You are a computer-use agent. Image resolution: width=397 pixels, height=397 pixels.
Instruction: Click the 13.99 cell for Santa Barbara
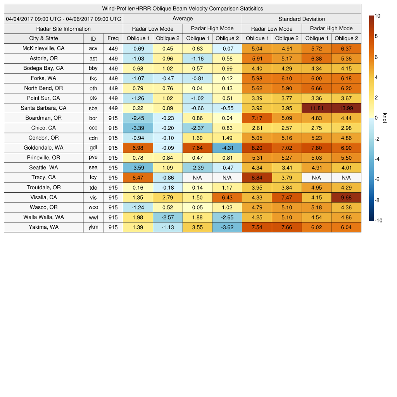coord(346,108)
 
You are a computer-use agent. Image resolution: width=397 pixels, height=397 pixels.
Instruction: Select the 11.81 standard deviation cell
coord(316,108)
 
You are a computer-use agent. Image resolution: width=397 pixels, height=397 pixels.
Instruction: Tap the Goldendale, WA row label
coord(43,148)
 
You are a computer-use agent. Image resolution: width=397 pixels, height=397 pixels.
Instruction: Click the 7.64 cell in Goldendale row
coord(197,148)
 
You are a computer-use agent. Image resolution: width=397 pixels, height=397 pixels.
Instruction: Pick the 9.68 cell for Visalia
coord(346,197)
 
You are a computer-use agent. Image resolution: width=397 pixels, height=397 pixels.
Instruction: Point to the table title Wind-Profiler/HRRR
coord(182,9)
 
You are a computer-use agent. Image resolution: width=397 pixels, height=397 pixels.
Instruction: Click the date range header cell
coord(64,19)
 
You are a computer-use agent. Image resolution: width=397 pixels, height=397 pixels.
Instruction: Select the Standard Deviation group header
coord(302,19)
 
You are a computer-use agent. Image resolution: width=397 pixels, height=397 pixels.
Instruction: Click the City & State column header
coord(43,38)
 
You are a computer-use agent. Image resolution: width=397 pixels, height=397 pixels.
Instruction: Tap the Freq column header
coord(113,38)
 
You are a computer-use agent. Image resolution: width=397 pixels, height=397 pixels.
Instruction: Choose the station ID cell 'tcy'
coord(93,178)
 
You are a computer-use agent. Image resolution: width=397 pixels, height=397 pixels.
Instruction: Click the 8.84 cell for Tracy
coord(257,178)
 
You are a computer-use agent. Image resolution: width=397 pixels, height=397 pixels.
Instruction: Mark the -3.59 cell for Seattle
coord(138,167)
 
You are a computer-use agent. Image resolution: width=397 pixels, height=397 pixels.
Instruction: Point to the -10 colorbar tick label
coord(378,221)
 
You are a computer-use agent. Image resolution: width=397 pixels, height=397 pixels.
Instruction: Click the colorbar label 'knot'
coord(385,118)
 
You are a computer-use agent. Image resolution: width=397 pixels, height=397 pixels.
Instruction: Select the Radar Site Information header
coord(64,29)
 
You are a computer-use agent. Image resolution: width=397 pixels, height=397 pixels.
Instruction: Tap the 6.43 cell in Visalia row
coord(227,197)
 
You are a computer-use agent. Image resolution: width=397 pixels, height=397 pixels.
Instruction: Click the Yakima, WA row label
coord(43,227)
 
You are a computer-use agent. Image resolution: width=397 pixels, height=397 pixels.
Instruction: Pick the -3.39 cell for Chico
coord(138,128)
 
